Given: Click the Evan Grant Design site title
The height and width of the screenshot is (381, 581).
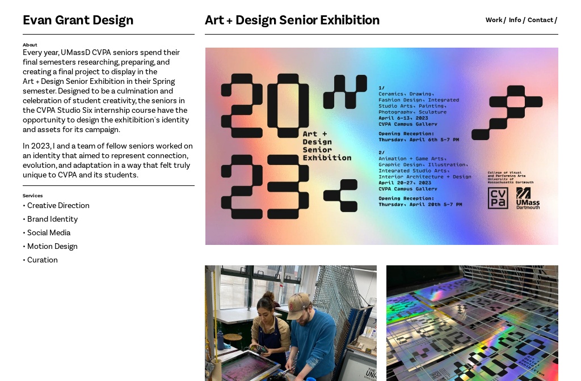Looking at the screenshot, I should point(78,20).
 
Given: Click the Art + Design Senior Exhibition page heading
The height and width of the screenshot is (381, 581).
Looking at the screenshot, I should point(292,20).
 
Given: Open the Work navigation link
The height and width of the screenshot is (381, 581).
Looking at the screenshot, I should point(494,20).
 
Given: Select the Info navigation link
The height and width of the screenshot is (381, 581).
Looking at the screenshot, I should point(515,20).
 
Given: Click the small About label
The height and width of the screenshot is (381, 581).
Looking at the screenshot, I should point(30,45).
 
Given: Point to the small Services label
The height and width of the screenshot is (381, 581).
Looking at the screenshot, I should point(32,196).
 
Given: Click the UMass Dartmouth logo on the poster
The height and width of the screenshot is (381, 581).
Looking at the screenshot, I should point(528,198).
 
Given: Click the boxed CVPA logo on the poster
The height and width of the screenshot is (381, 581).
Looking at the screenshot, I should point(498,198).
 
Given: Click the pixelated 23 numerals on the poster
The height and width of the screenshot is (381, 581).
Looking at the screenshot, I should point(265,187).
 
